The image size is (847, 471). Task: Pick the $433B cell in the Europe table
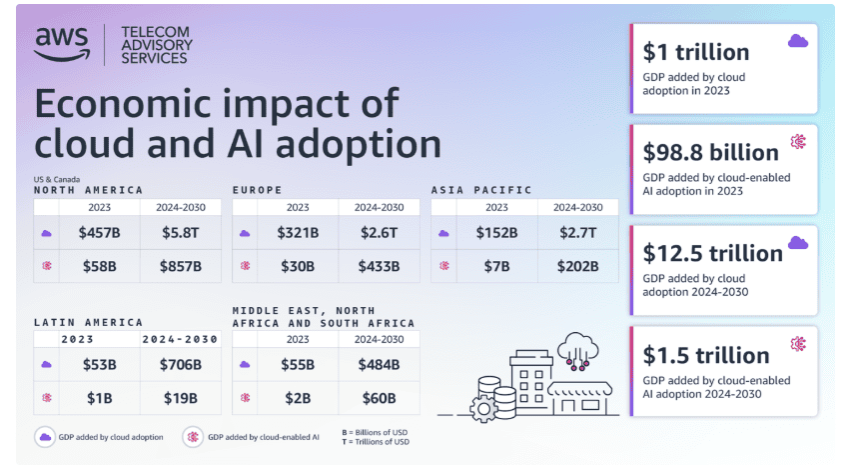tap(380, 266)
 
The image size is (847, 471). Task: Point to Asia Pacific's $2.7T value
tap(577, 233)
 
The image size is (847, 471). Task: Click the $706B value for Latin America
tap(181, 365)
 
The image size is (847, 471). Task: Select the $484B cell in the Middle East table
tap(380, 365)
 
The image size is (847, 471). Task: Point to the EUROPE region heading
tap(258, 189)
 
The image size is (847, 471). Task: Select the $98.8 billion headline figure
tap(712, 152)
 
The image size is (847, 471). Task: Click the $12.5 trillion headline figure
tap(712, 253)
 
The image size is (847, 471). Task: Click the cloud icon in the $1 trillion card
tap(797, 41)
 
